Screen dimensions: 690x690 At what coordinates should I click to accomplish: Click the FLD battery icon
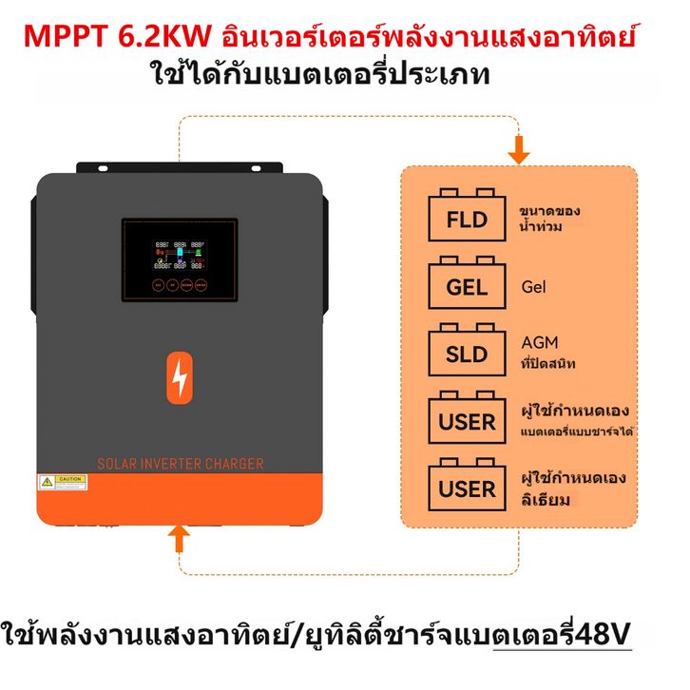click(x=466, y=219)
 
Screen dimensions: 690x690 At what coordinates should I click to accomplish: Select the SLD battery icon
click(x=466, y=354)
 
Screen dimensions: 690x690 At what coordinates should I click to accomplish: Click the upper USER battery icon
click(x=467, y=420)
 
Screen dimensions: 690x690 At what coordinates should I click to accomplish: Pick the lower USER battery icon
click(x=467, y=488)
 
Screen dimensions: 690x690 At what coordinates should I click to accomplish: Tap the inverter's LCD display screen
click(x=180, y=258)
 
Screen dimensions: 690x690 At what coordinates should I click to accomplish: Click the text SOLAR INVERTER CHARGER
click(x=181, y=464)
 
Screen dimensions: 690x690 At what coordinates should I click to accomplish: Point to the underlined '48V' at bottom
click(x=603, y=634)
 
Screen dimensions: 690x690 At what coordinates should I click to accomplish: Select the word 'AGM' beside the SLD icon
click(x=540, y=343)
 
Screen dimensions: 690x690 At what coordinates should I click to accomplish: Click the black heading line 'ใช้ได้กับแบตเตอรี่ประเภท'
click(x=320, y=74)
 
